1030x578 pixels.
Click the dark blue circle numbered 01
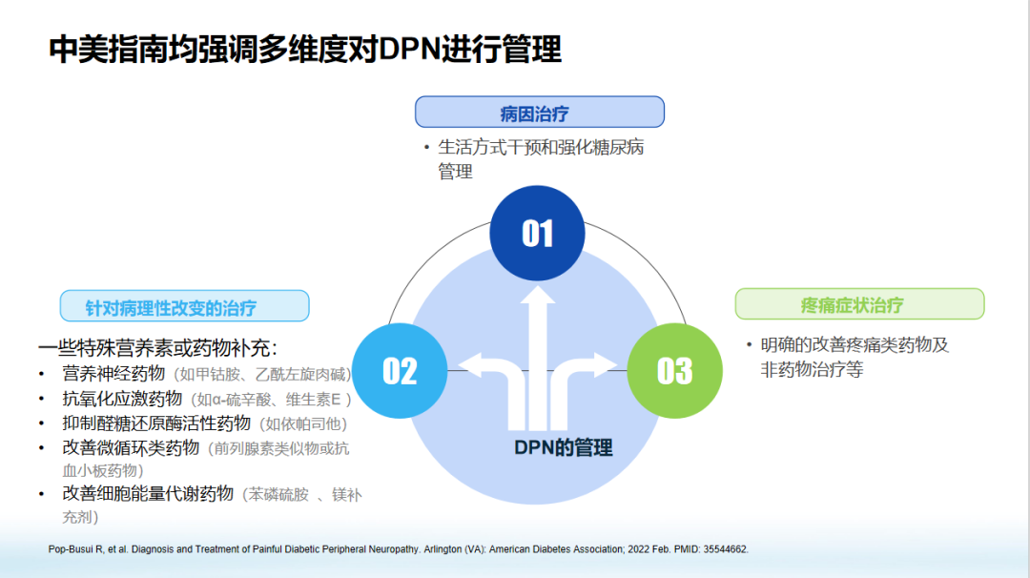[537, 232]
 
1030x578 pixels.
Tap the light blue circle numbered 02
[400, 370]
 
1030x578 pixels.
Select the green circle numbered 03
[674, 370]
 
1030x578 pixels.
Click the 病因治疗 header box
[539, 113]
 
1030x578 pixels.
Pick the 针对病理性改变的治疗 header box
[184, 307]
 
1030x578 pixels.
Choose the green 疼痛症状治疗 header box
[858, 304]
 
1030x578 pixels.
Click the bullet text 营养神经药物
[113, 373]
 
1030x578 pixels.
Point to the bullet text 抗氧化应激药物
[122, 398]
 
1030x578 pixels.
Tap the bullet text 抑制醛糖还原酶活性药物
[156, 423]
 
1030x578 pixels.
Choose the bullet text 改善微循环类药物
[131, 447]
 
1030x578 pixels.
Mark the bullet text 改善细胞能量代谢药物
[148, 493]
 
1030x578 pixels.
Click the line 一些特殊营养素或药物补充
[157, 347]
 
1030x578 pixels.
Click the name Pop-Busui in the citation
[72, 549]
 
